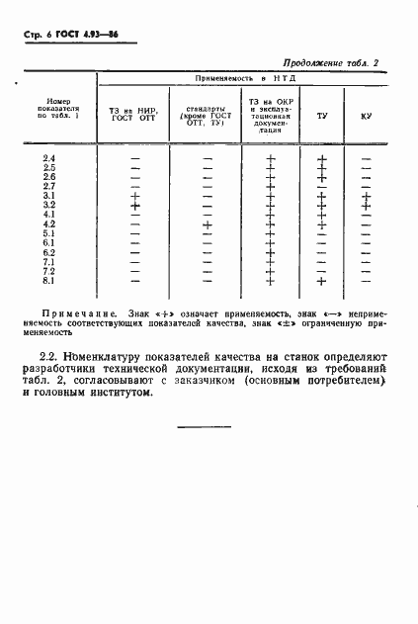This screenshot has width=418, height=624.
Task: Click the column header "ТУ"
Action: pos(321,117)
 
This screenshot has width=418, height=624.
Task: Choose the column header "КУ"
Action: pos(366,117)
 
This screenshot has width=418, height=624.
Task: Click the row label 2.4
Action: pos(49,158)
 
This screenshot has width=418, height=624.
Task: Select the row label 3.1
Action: pos(49,196)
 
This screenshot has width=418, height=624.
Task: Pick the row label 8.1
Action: pos(49,281)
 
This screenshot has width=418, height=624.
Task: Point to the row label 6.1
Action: pos(49,243)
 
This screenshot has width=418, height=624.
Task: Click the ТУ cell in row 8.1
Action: pos(321,281)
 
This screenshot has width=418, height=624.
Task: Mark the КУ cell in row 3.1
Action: pos(366,196)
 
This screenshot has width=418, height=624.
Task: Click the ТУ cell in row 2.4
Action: pos(321,158)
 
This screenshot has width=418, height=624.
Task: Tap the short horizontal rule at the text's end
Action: pos(209,428)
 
